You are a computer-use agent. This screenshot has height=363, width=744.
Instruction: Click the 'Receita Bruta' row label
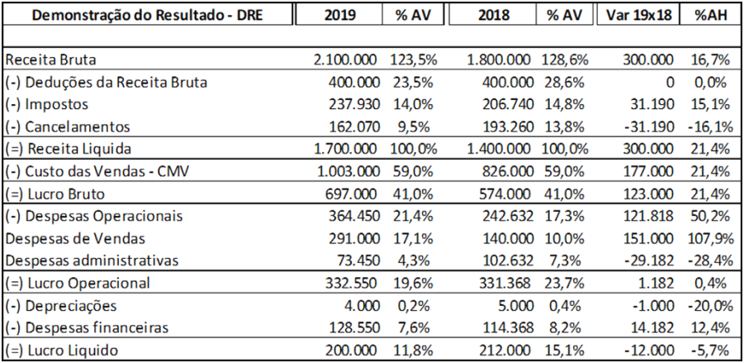pyautogui.click(x=50, y=60)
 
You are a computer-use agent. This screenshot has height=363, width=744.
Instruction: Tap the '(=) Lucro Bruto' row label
pyautogui.click(x=59, y=193)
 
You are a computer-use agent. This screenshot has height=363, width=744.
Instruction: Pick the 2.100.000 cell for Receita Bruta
pyautogui.click(x=346, y=60)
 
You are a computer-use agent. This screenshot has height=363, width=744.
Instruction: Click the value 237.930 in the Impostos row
pyautogui.click(x=353, y=104)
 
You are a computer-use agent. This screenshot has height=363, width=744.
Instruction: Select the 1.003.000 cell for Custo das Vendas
pyautogui.click(x=346, y=171)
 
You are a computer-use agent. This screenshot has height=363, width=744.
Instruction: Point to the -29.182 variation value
pyautogui.click(x=647, y=260)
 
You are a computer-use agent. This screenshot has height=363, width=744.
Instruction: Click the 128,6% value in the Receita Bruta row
pyautogui.click(x=565, y=60)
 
